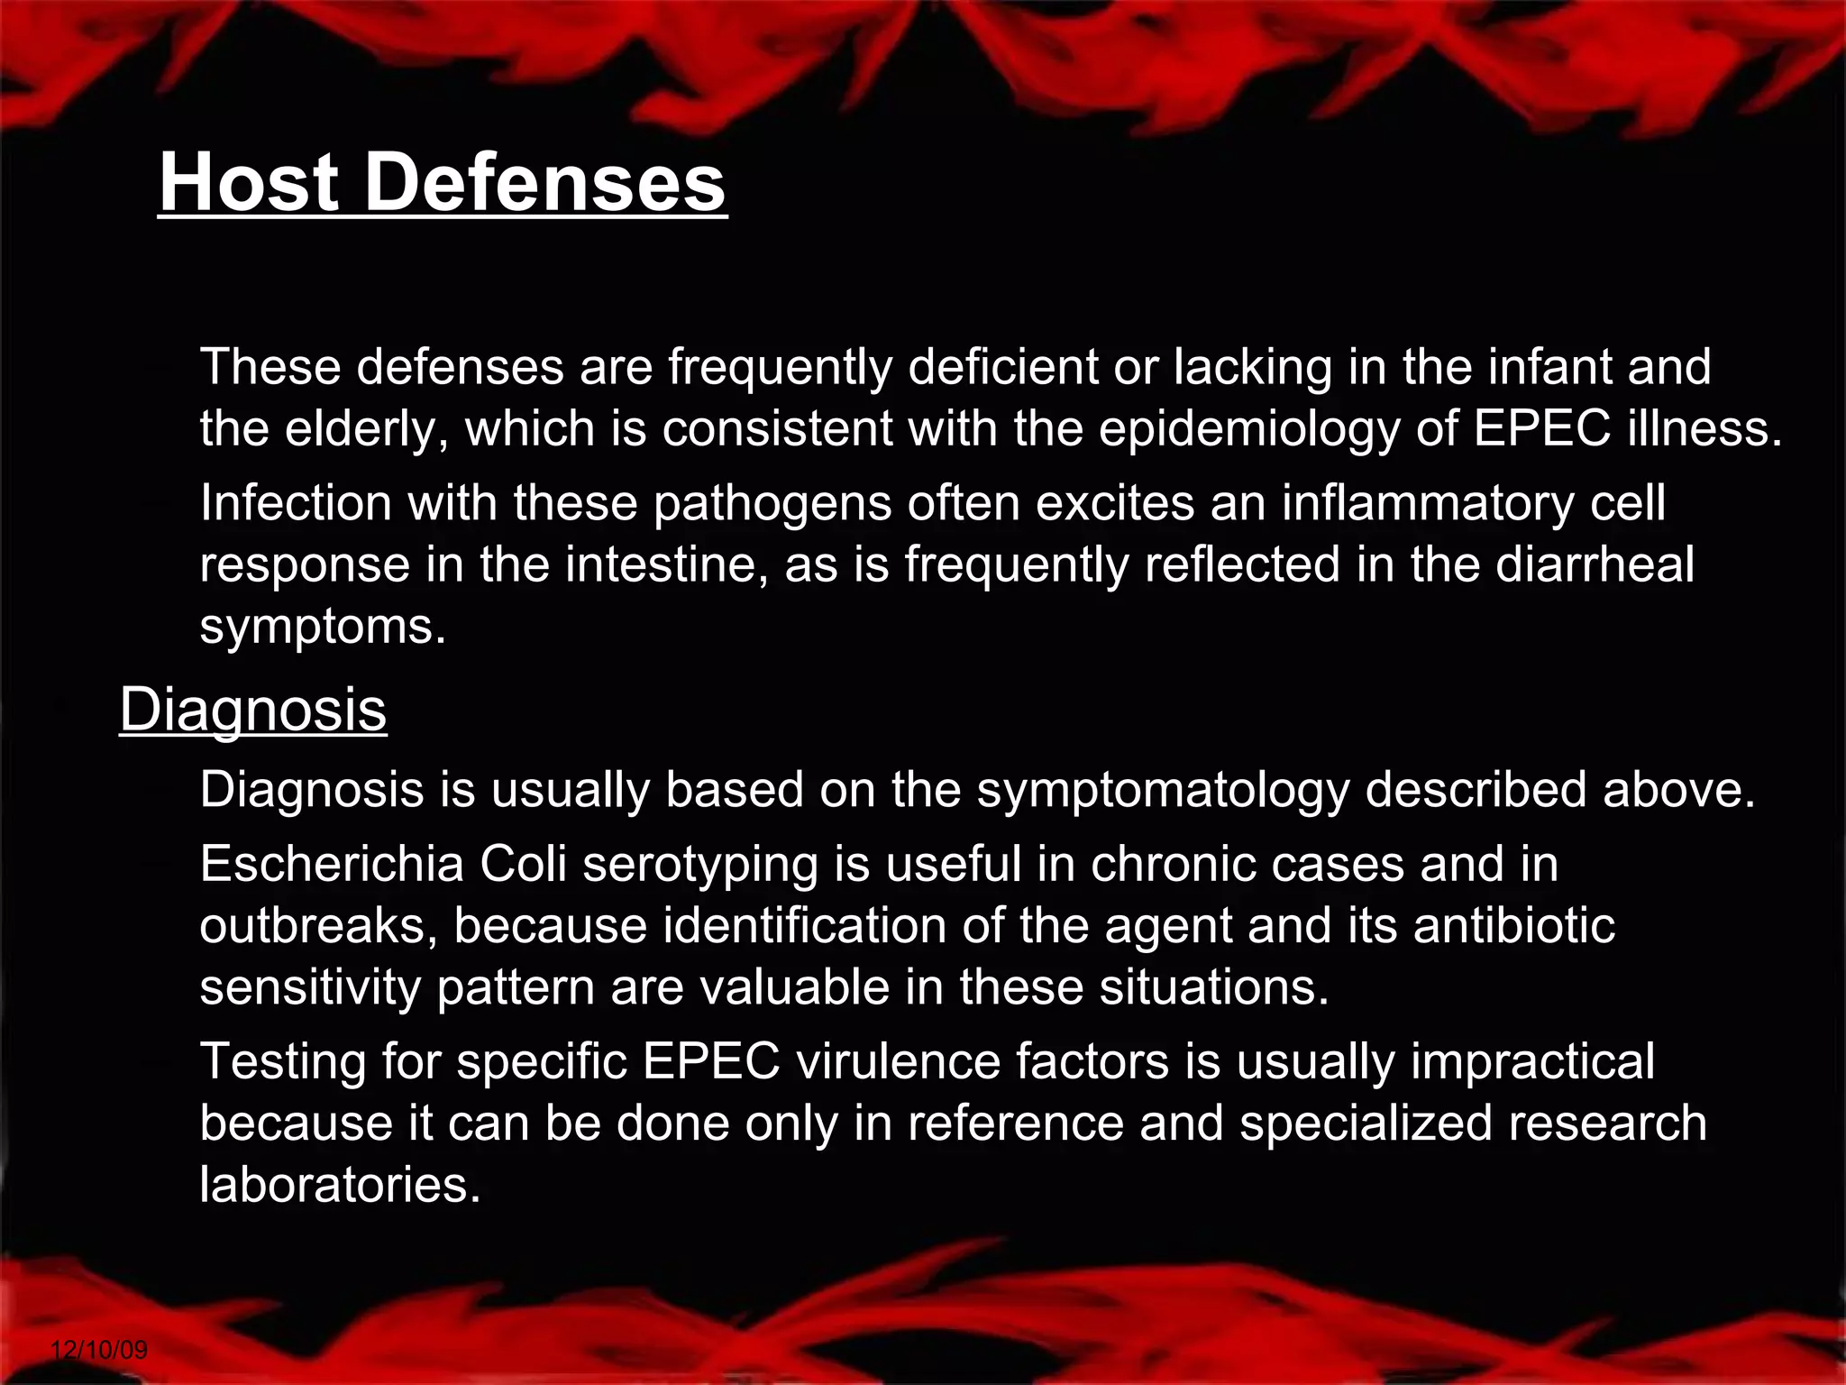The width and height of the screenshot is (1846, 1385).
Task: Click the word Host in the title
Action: [x=249, y=182]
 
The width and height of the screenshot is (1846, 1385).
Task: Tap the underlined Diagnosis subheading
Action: [x=253, y=709]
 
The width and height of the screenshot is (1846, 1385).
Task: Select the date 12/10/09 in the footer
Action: [x=99, y=1350]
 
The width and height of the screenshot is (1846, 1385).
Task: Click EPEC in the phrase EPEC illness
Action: [x=1541, y=428]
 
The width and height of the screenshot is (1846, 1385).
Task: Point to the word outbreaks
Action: [x=311, y=926]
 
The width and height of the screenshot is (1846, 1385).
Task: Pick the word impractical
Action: [x=1532, y=1061]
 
